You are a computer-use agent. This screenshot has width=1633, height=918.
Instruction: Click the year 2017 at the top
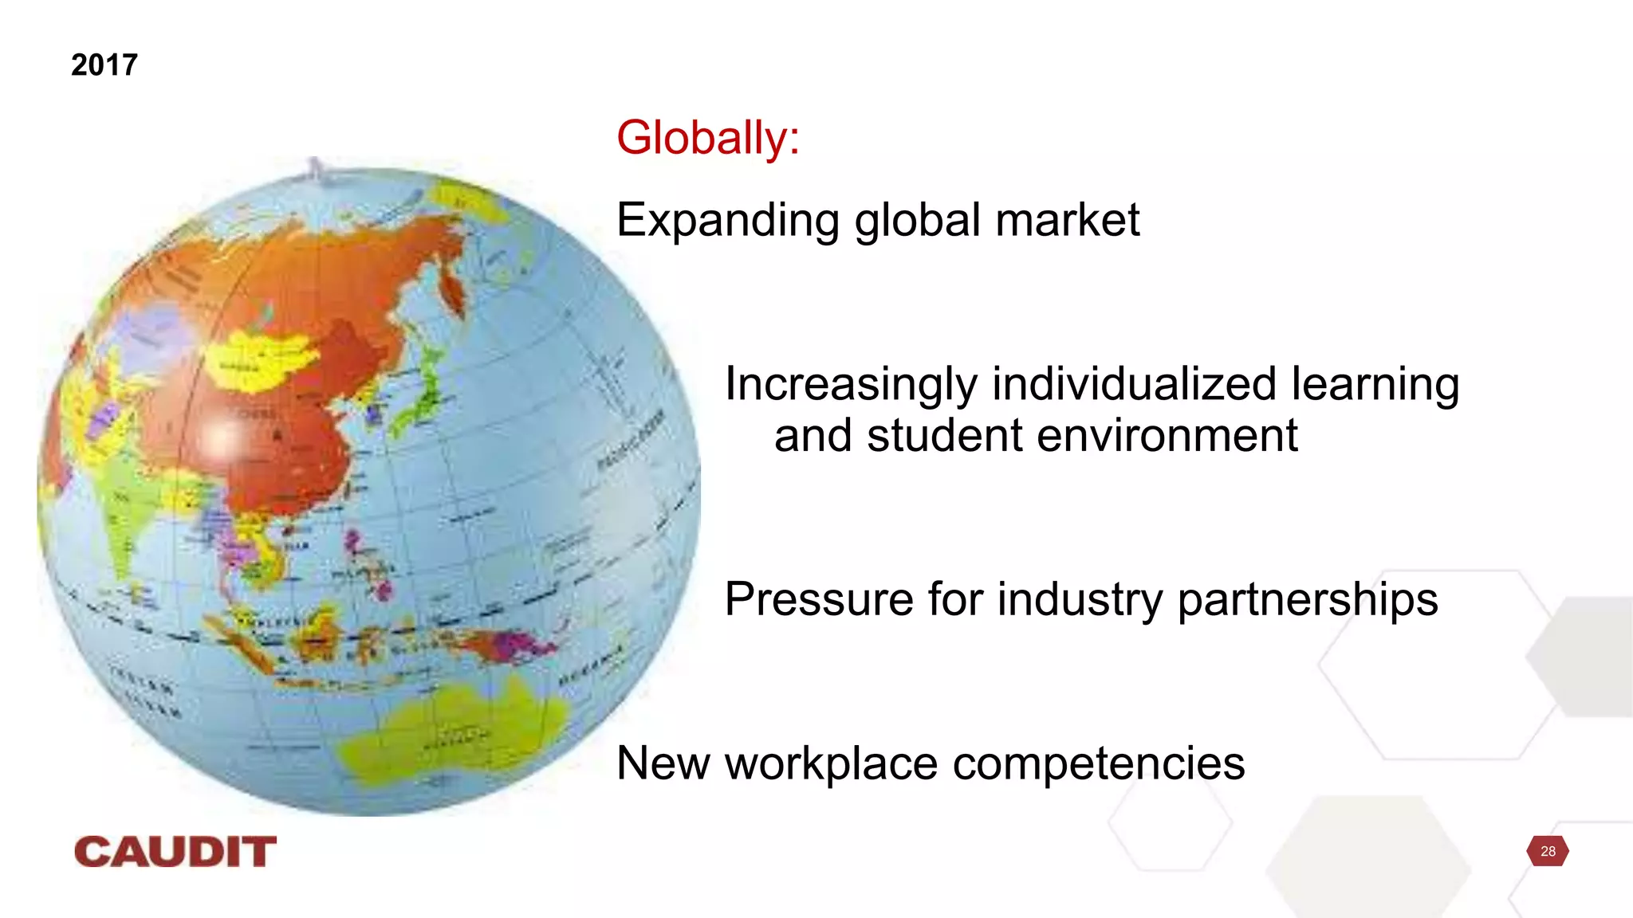[104, 65]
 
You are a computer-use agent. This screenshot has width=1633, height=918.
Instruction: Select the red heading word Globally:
[707, 138]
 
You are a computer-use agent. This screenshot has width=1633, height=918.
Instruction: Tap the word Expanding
[727, 221]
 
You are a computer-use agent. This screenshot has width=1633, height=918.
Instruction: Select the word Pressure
[818, 599]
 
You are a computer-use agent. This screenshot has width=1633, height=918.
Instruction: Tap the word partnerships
[1308, 601]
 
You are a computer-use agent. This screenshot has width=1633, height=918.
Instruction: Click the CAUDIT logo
[175, 852]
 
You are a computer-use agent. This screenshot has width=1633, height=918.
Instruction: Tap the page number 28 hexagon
[1547, 851]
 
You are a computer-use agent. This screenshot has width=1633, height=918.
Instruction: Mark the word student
[933, 436]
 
